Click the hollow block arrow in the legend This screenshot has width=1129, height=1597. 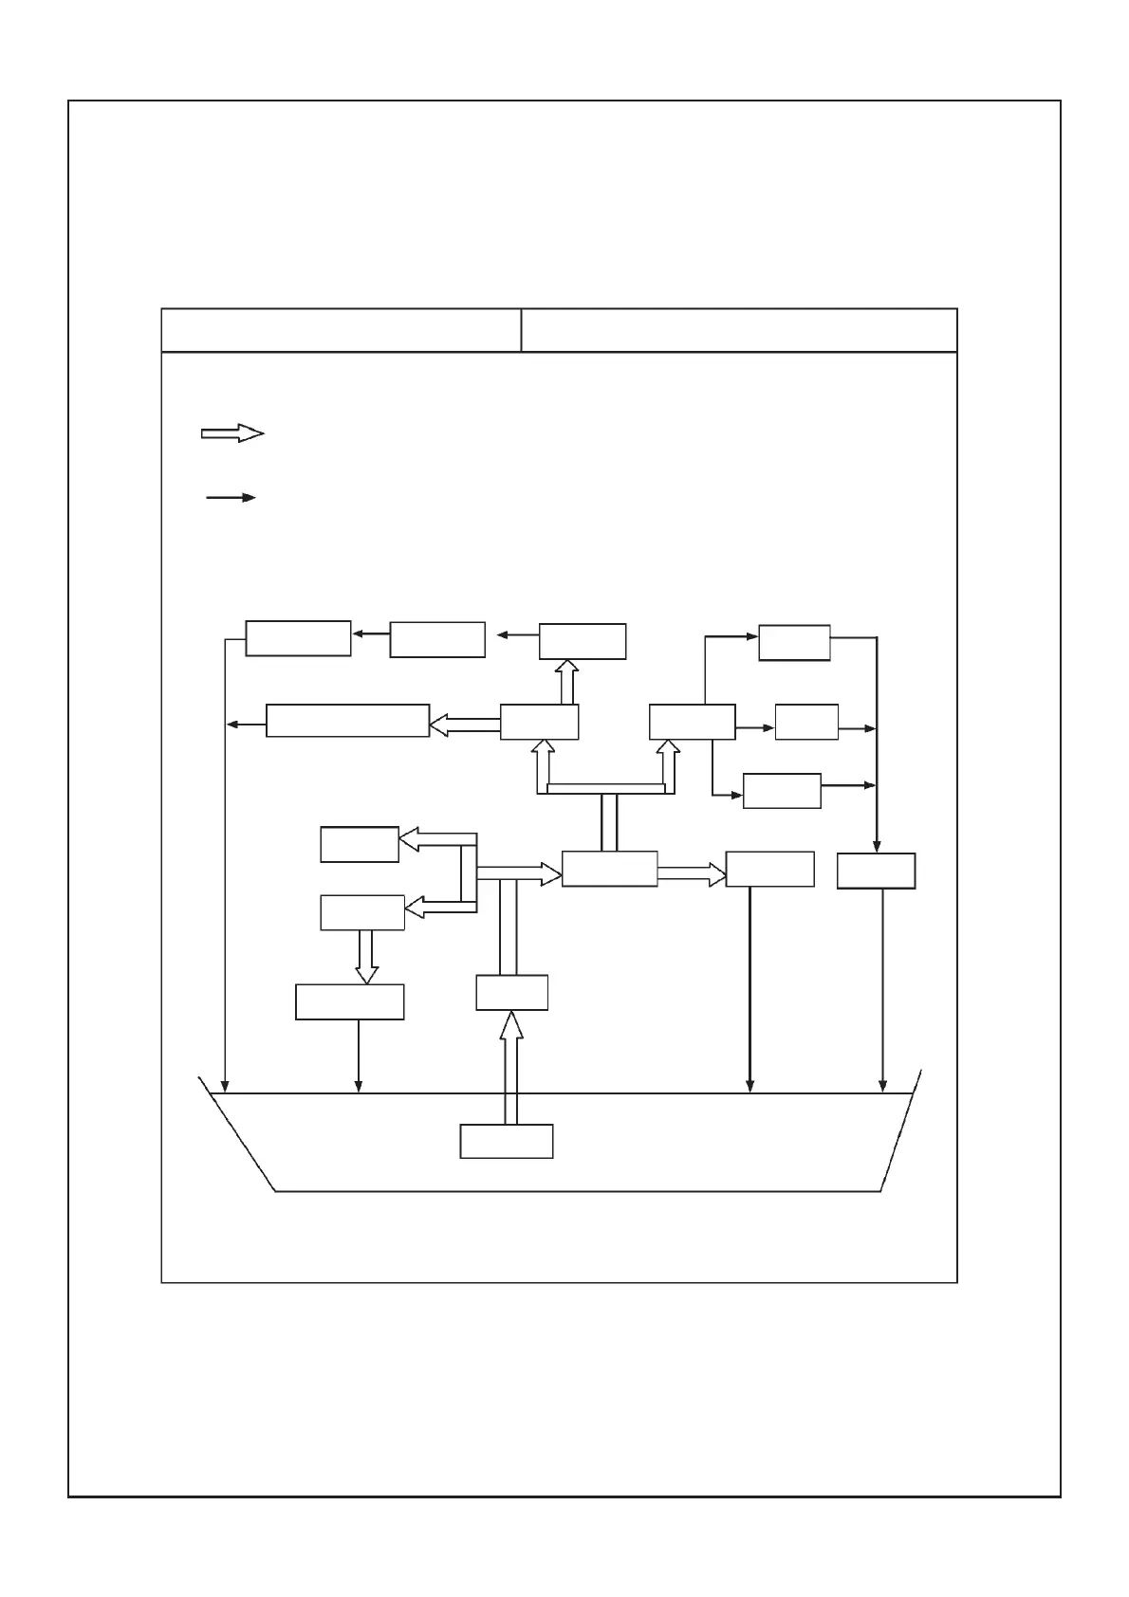[x=232, y=433]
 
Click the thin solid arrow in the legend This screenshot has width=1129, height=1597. [x=231, y=497]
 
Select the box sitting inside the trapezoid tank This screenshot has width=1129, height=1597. [x=507, y=1141]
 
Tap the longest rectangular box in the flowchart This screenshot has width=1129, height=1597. [x=347, y=721]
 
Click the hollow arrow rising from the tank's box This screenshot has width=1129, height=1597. [x=510, y=1067]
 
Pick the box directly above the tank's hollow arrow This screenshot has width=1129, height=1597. [x=511, y=992]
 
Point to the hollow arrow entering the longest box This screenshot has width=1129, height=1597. [x=465, y=725]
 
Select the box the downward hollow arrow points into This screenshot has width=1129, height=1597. [x=350, y=1001]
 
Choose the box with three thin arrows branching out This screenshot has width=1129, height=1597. [x=692, y=722]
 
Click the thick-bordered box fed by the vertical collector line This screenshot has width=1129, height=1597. [x=876, y=871]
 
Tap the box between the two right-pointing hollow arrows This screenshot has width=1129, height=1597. [x=609, y=869]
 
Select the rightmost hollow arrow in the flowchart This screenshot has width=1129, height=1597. [x=691, y=873]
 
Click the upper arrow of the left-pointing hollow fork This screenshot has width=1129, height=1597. [x=436, y=838]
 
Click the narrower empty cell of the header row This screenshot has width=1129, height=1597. [x=342, y=330]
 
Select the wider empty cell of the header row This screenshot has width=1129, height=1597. [x=739, y=330]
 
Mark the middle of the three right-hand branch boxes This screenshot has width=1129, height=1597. [x=806, y=722]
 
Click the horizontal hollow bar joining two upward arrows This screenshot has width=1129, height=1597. [x=605, y=788]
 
